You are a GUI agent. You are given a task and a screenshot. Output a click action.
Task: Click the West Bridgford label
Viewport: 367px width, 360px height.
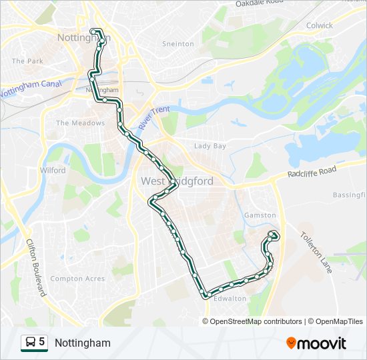tap(176, 181)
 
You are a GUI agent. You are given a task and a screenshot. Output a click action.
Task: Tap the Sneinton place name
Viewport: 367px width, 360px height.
tap(178, 44)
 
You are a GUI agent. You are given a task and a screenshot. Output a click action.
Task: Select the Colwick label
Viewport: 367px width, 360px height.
tap(319, 25)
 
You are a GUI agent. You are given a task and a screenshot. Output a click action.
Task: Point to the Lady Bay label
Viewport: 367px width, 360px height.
tap(210, 146)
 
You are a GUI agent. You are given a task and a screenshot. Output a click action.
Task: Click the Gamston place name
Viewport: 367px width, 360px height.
tap(260, 215)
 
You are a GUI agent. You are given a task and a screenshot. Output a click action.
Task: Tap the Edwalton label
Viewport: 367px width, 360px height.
tap(230, 299)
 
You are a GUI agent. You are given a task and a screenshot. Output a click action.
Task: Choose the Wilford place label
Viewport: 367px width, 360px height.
tap(53, 171)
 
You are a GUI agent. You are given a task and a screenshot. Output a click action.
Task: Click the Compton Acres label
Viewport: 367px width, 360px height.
tap(77, 279)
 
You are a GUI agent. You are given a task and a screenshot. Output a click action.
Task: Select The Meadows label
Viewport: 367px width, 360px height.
tap(80, 123)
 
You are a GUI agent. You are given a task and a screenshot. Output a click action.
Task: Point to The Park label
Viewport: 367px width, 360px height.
tap(27, 61)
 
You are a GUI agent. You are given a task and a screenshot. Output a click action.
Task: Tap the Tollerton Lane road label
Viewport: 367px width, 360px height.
tap(316, 246)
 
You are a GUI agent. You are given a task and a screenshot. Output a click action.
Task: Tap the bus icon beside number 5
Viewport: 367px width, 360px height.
tap(30, 343)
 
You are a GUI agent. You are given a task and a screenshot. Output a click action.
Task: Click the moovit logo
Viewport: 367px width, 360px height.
tap(316, 343)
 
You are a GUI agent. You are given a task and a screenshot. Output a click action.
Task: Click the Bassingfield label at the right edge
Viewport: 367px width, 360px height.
tap(350, 195)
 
